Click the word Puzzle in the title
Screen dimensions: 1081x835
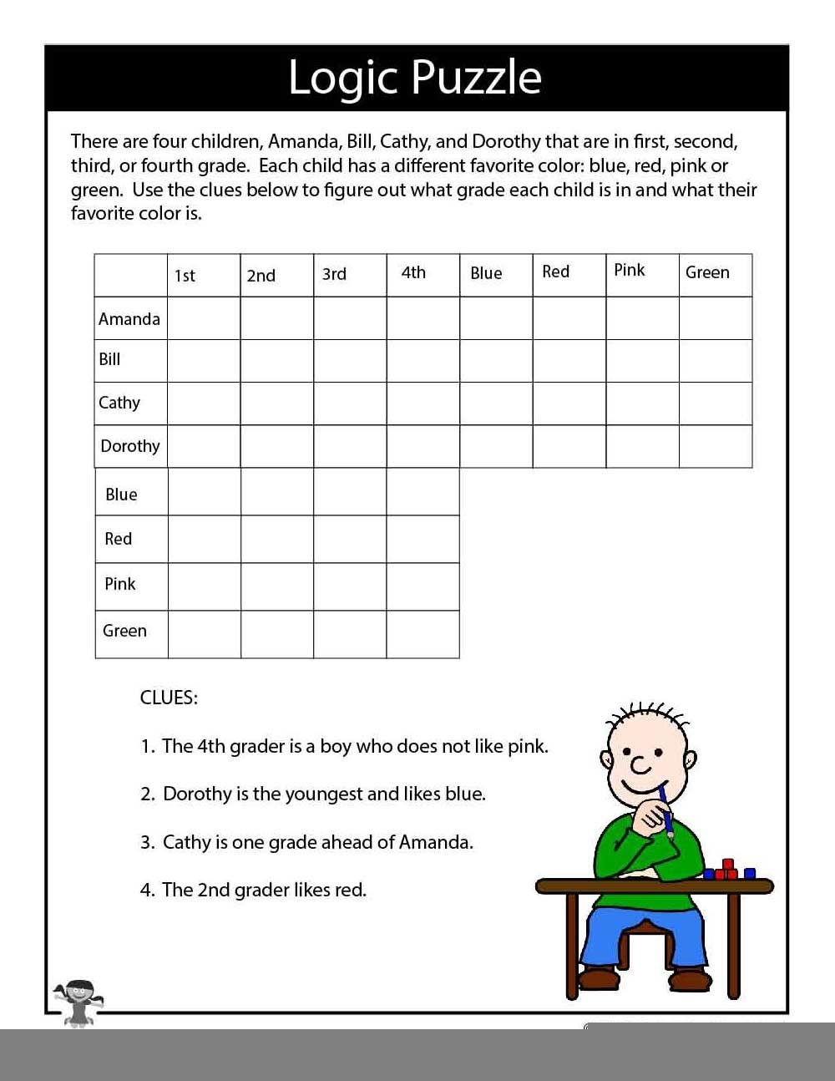pyautogui.click(x=477, y=78)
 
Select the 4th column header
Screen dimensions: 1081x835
pyautogui.click(x=413, y=273)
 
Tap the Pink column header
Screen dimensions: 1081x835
pyautogui.click(x=630, y=270)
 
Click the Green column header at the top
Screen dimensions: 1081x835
pyautogui.click(x=707, y=272)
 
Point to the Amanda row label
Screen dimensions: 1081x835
pyautogui.click(x=129, y=319)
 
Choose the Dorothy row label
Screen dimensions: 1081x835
pyautogui.click(x=130, y=446)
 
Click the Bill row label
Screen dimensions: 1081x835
pyautogui.click(x=110, y=360)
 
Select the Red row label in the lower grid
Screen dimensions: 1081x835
pyautogui.click(x=119, y=539)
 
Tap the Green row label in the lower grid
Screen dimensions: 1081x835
pyautogui.click(x=124, y=631)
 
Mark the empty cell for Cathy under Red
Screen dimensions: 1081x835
pyautogui.click(x=569, y=403)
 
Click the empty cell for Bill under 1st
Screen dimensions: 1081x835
pyautogui.click(x=204, y=361)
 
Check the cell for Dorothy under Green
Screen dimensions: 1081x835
pyautogui.click(x=716, y=446)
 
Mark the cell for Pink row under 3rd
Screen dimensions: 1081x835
pyautogui.click(x=350, y=586)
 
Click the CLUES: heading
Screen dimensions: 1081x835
pyautogui.click(x=169, y=698)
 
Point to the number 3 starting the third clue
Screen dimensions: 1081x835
pyautogui.click(x=146, y=842)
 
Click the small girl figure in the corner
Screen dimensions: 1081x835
pyautogui.click(x=78, y=1002)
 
